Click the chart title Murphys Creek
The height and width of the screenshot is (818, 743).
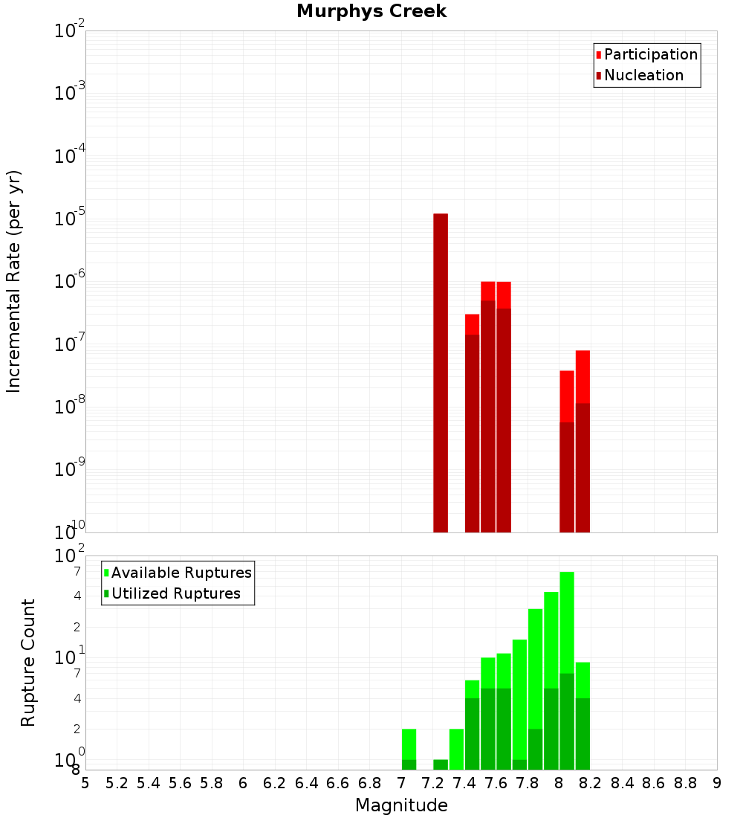click(x=371, y=12)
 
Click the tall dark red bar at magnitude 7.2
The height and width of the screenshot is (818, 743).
click(x=441, y=372)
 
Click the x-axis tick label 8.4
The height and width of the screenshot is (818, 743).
click(x=623, y=783)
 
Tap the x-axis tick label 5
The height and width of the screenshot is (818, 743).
click(x=85, y=783)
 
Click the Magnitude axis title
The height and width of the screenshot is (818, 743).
click(x=401, y=805)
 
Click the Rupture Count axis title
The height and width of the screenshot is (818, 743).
click(x=28, y=663)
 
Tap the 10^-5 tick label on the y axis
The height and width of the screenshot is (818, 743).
click(x=70, y=219)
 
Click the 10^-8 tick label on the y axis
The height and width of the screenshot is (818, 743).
click(x=70, y=407)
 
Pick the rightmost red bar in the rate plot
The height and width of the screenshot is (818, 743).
click(x=583, y=376)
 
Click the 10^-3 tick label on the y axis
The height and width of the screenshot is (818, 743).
click(x=70, y=93)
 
